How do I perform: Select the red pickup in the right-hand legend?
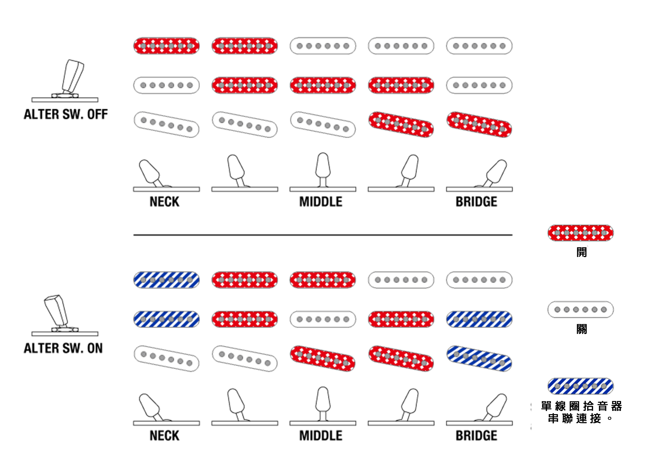point(580,233)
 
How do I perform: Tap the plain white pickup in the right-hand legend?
point(580,310)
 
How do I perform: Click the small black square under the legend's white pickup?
point(582,329)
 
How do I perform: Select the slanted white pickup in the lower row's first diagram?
point(166,359)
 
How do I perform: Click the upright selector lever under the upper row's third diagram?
point(323,166)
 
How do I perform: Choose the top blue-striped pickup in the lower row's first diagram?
point(166,280)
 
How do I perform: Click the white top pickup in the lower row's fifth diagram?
point(479,280)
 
